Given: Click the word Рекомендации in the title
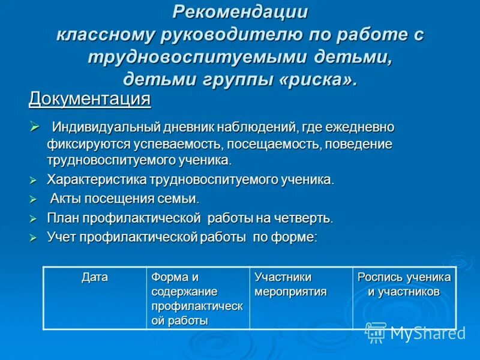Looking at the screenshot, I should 240,11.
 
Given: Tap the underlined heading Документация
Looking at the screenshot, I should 89,98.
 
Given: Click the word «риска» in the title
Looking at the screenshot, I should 316,80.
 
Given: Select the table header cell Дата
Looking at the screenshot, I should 95,277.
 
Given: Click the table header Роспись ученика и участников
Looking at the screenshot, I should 404,284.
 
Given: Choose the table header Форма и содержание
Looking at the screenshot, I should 184,284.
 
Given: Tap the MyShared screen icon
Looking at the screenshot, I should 376,332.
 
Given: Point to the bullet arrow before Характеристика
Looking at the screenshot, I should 34,180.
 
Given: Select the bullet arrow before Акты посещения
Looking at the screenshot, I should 34,199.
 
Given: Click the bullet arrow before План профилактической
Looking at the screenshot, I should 34,218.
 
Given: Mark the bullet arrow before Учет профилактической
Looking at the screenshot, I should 34,238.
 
